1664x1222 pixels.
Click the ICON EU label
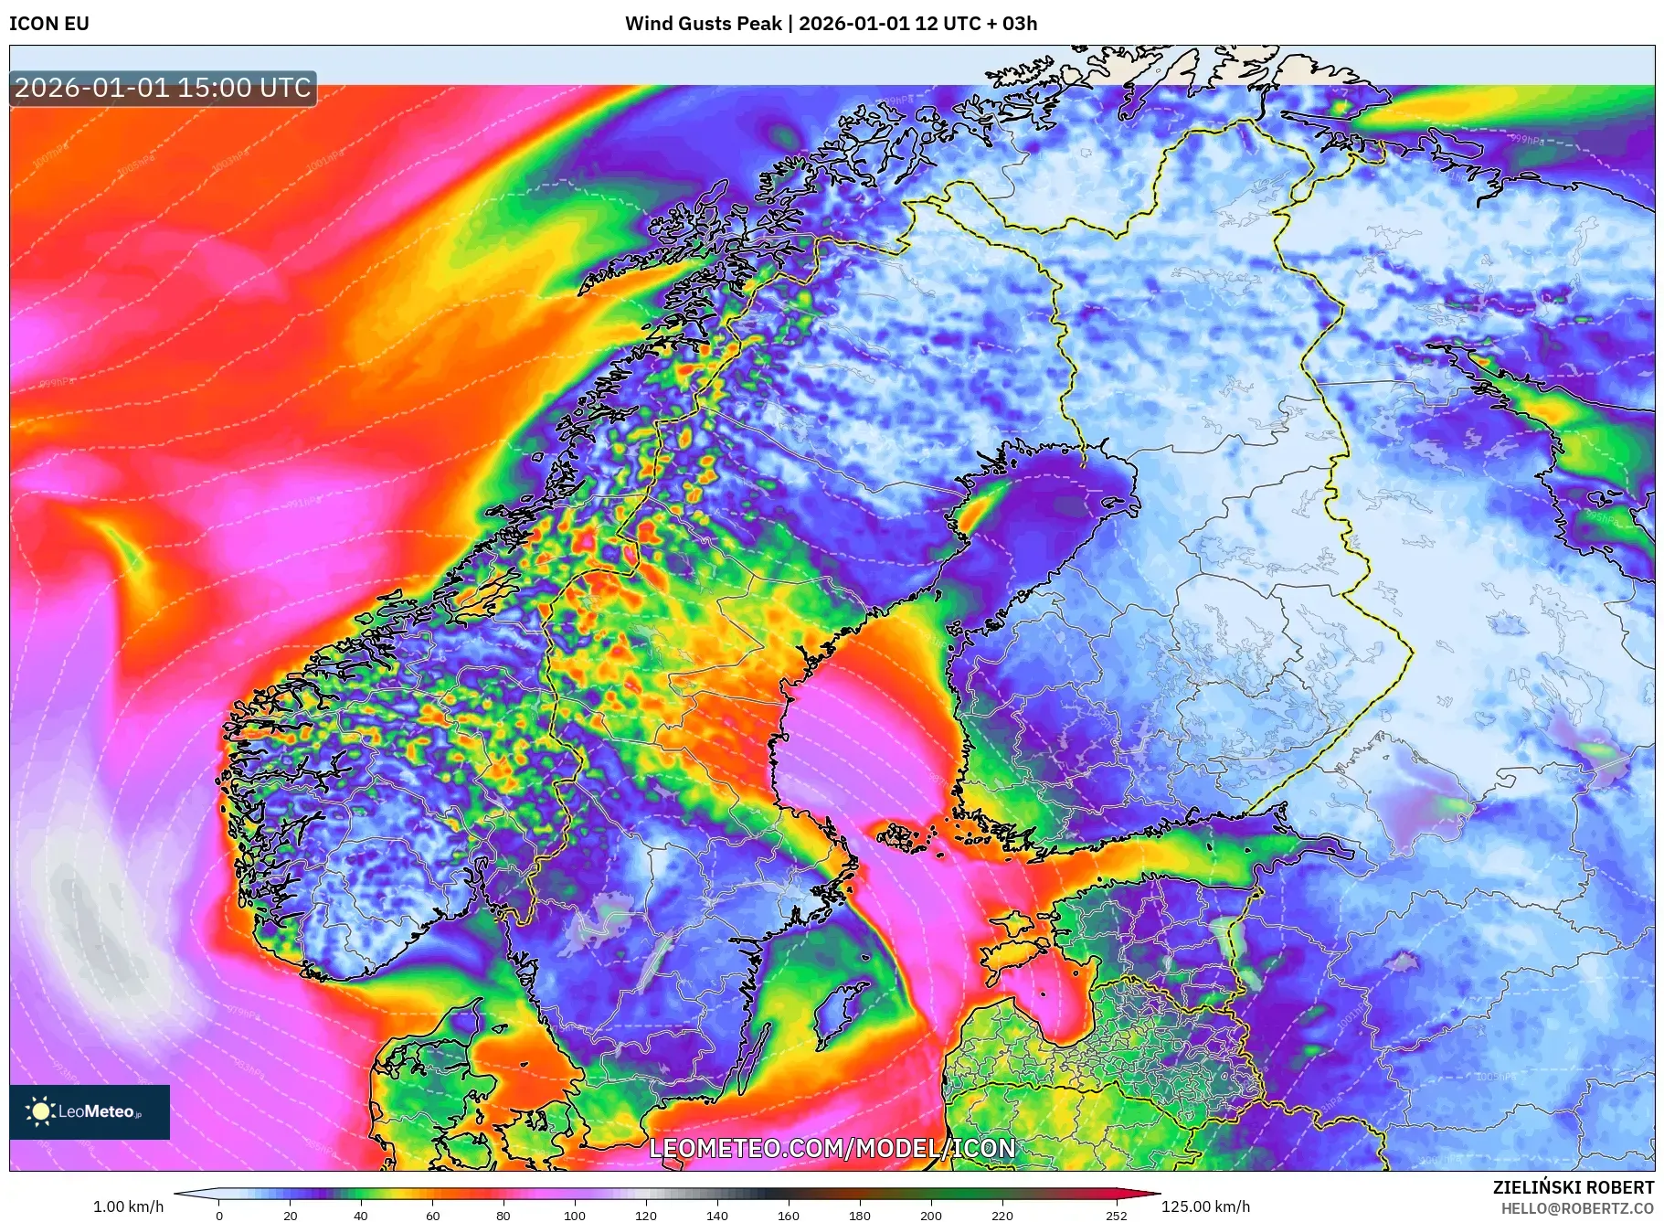pyautogui.click(x=49, y=24)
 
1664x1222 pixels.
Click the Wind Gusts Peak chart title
pyautogui.click(x=831, y=24)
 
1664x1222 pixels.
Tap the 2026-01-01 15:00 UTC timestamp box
pyautogui.click(x=163, y=89)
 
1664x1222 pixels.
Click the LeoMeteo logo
pyautogui.click(x=90, y=1111)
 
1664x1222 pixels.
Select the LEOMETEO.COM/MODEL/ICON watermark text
pyautogui.click(x=832, y=1149)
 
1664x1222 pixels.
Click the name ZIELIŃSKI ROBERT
pyautogui.click(x=1573, y=1187)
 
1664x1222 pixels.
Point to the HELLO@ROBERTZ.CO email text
pyautogui.click(x=1577, y=1208)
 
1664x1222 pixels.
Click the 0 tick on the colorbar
pyautogui.click(x=219, y=1216)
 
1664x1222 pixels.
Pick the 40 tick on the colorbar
pyautogui.click(x=361, y=1216)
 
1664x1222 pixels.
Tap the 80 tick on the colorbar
pyautogui.click(x=503, y=1216)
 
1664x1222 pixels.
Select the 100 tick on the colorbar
pyautogui.click(x=574, y=1216)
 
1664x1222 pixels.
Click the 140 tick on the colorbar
pyautogui.click(x=716, y=1216)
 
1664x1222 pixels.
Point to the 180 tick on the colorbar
pyautogui.click(x=859, y=1216)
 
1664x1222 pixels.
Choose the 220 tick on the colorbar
pyautogui.click(x=1002, y=1216)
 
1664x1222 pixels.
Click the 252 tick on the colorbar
pyautogui.click(x=1116, y=1216)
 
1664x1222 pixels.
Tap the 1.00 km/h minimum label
pyautogui.click(x=128, y=1206)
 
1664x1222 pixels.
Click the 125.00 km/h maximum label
pyautogui.click(x=1205, y=1206)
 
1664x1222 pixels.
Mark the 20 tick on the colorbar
pyautogui.click(x=291, y=1216)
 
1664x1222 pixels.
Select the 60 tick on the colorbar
pyautogui.click(x=432, y=1216)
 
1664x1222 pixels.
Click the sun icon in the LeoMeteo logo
pyautogui.click(x=40, y=1111)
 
